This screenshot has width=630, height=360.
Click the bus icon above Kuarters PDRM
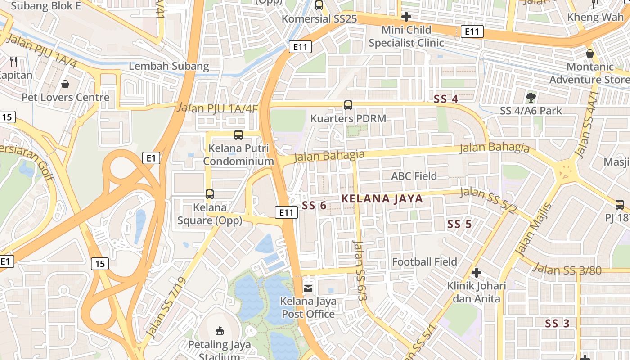pyautogui.click(x=348, y=105)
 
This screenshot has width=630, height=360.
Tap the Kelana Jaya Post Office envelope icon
pyautogui.click(x=308, y=287)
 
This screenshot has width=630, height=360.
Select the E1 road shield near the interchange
pyautogui.click(x=151, y=158)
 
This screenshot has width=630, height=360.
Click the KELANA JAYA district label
pyautogui.click(x=382, y=198)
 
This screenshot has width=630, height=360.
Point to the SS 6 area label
pyautogui.click(x=314, y=206)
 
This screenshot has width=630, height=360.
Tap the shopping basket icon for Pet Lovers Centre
pyautogui.click(x=65, y=84)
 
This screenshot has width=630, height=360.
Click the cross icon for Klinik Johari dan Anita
pyautogui.click(x=477, y=272)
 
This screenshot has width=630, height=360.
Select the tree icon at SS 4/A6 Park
pyautogui.click(x=531, y=97)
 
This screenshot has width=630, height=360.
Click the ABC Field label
pyautogui.click(x=414, y=176)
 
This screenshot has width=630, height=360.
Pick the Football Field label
pyautogui.click(x=424, y=261)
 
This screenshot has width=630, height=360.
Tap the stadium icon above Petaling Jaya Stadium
pyautogui.click(x=220, y=331)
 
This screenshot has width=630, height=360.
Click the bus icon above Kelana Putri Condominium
pyautogui.click(x=238, y=135)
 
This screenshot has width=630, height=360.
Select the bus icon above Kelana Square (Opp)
pyautogui.click(x=210, y=194)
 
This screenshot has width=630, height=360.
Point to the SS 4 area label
pyautogui.click(x=445, y=99)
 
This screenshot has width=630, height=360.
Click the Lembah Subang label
pyautogui.click(x=169, y=66)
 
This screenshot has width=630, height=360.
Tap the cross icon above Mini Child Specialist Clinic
pyautogui.click(x=406, y=17)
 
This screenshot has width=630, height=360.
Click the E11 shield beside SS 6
pyautogui.click(x=286, y=212)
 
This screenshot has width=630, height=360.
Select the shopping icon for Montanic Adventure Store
pyautogui.click(x=590, y=54)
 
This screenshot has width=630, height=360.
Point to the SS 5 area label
pyautogui.click(x=459, y=224)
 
